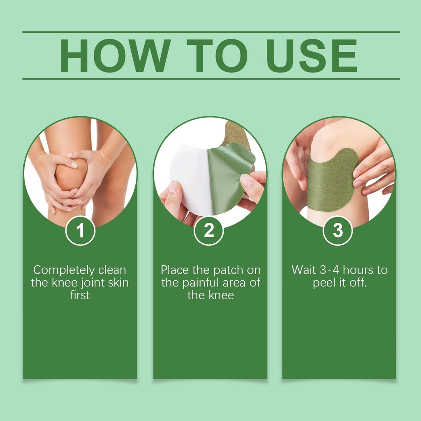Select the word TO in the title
coord(217,56)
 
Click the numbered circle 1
coord(80,231)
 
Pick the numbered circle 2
coord(208,230)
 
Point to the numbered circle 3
coord(338,230)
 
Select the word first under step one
coord(80,295)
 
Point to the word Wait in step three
coord(304,270)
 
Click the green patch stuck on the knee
coord(332,180)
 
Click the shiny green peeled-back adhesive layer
coord(229,177)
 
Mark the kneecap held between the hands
coord(71,174)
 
